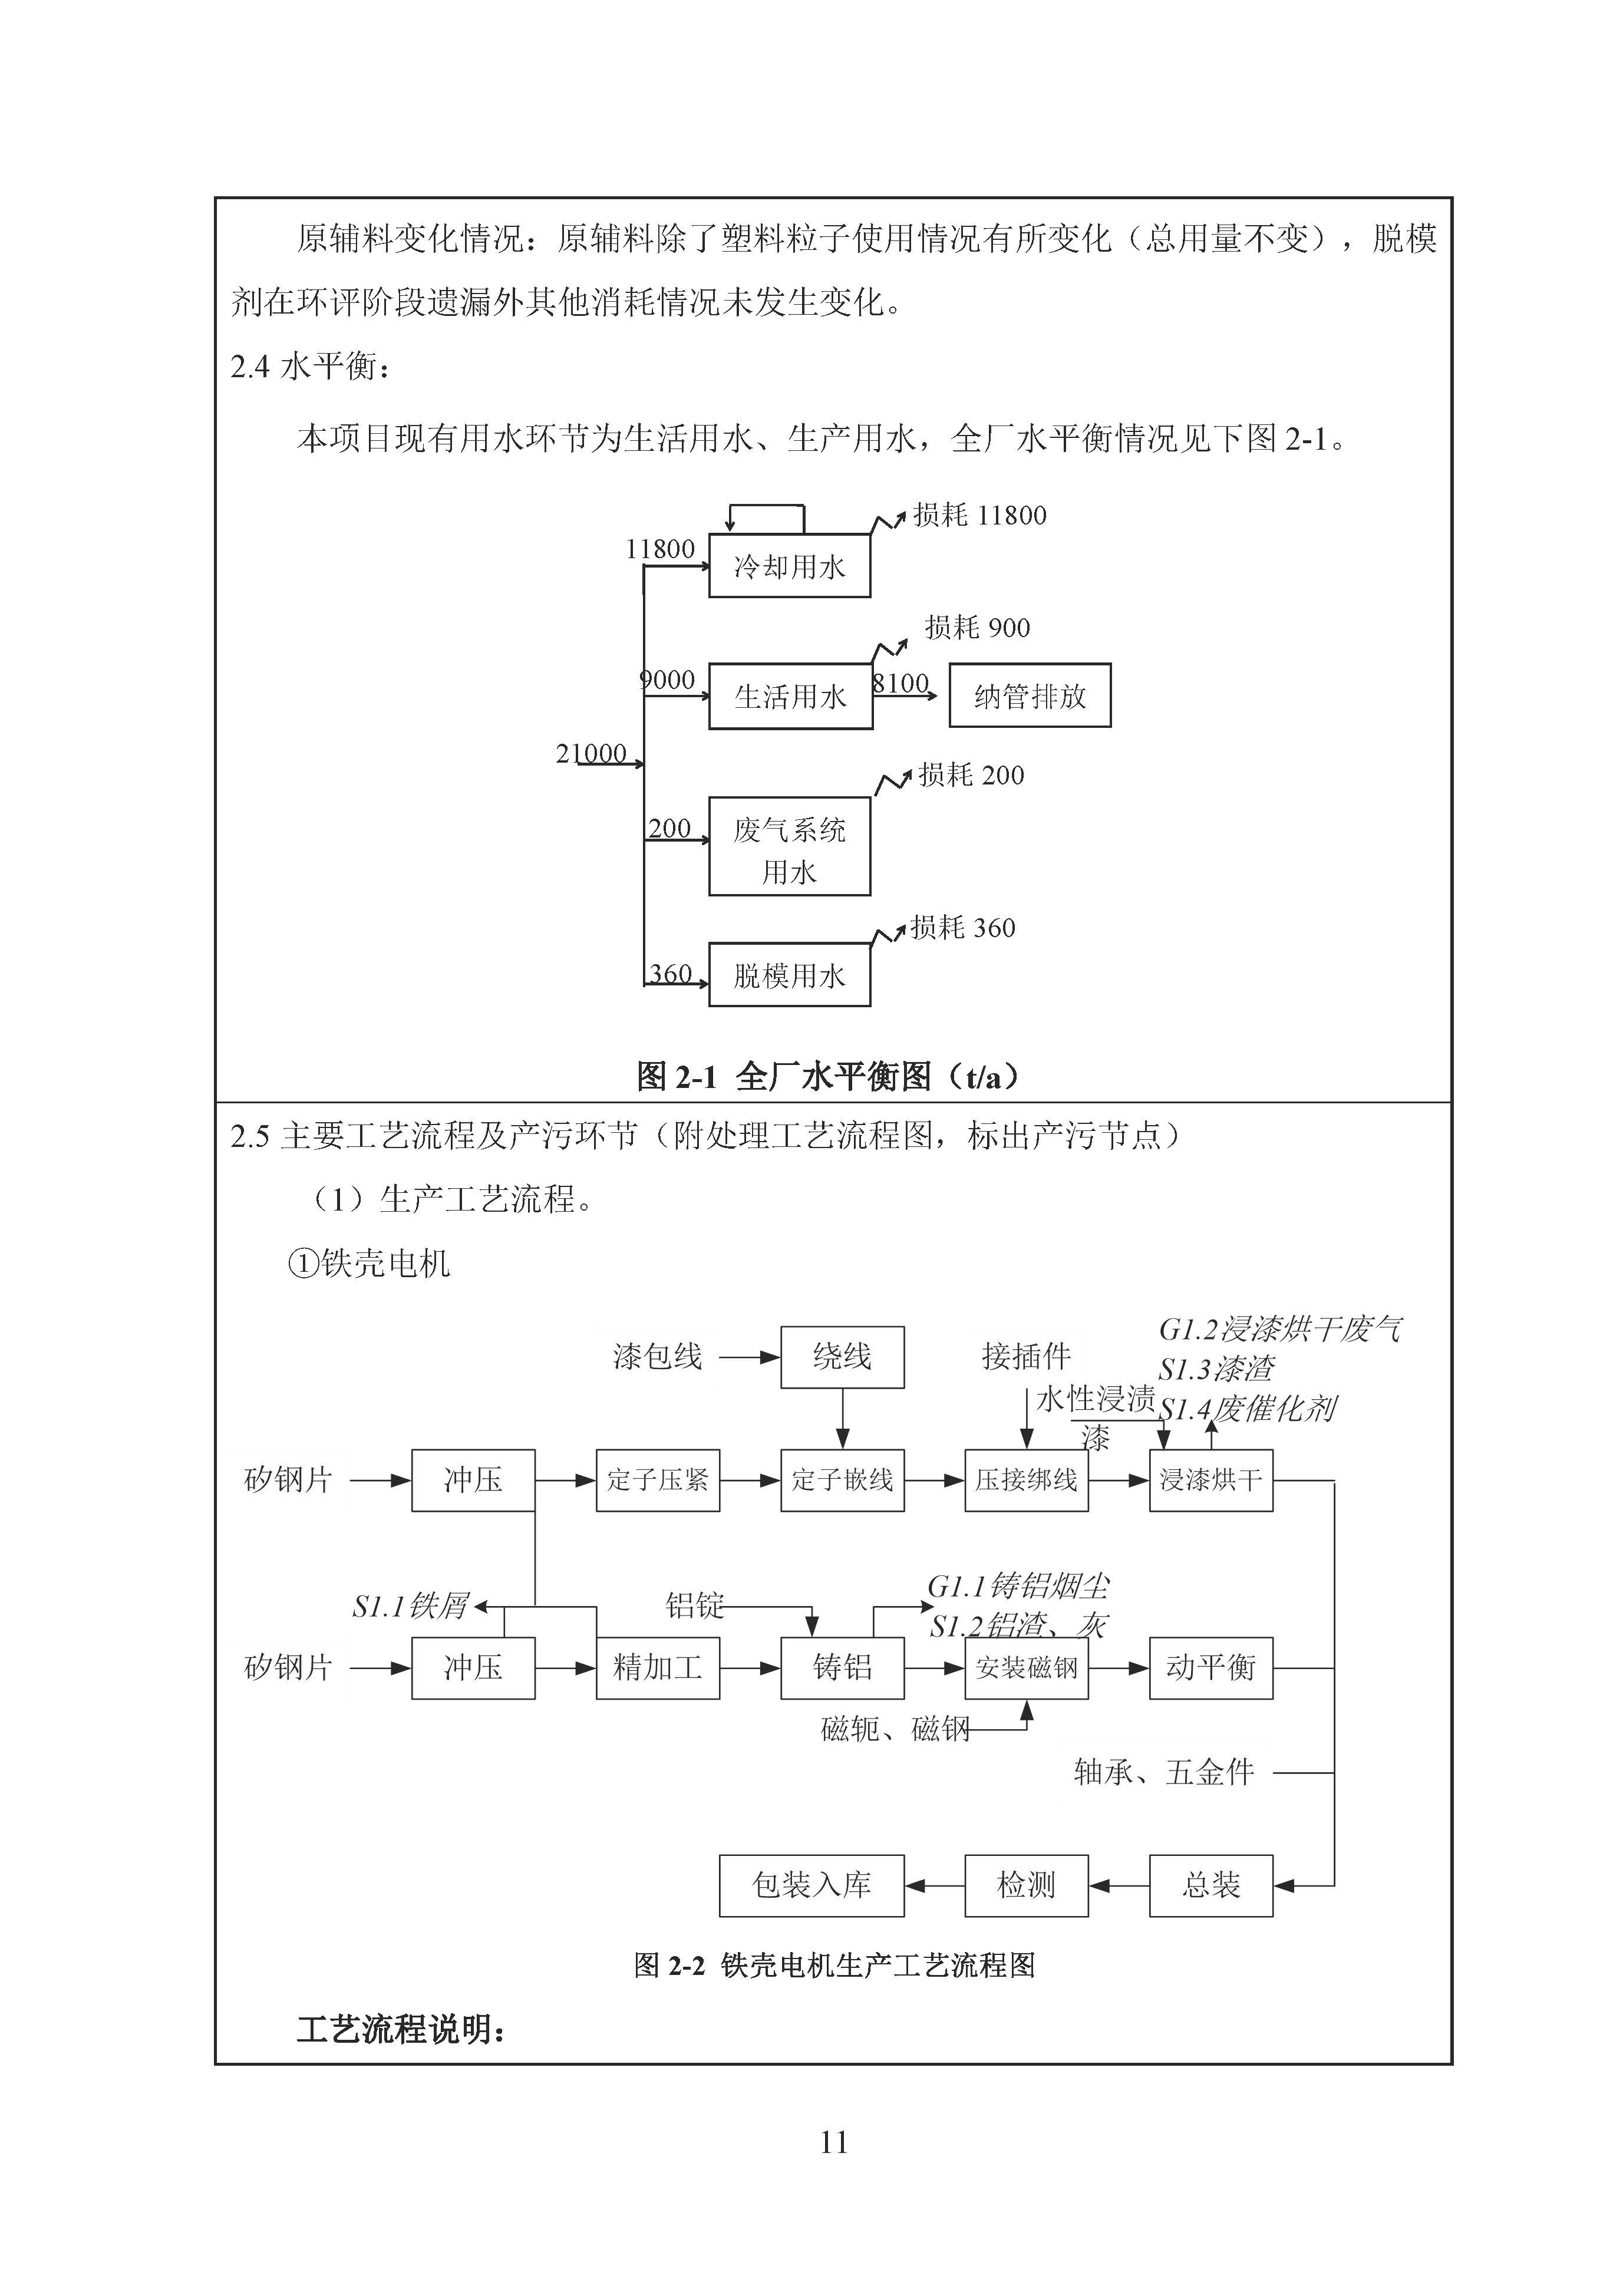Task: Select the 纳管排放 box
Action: tap(1030, 695)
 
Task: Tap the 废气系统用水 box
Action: tap(790, 846)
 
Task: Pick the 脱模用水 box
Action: tap(790, 975)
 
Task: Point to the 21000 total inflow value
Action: tap(591, 754)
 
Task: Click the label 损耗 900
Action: tap(977, 628)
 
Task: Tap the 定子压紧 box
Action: tap(658, 1480)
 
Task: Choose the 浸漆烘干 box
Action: tap(1210, 1480)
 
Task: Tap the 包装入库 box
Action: tap(811, 1885)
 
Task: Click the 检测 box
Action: tap(1027, 1885)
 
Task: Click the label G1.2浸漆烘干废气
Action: tap(1280, 1330)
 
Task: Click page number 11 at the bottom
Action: tap(833, 2142)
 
